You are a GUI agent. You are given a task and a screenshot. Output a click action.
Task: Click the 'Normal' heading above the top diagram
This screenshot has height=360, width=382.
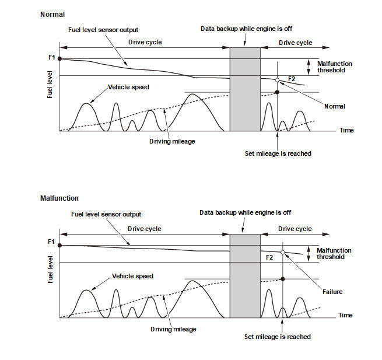(x=52, y=13)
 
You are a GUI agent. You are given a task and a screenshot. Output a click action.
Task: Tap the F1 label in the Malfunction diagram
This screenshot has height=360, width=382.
(x=50, y=242)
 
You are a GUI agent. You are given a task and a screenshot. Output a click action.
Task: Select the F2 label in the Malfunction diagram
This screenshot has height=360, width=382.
(x=269, y=257)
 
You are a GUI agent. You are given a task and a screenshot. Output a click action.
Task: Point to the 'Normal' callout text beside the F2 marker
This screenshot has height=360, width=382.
(x=335, y=106)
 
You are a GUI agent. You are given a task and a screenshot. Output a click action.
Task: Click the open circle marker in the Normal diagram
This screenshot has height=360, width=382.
(x=277, y=80)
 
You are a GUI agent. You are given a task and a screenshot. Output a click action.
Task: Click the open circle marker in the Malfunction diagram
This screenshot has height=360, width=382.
(x=283, y=252)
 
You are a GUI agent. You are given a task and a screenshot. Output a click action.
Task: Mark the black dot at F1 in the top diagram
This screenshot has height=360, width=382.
(x=60, y=59)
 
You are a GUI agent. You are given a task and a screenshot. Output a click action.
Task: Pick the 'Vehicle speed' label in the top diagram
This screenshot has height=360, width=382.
(x=128, y=87)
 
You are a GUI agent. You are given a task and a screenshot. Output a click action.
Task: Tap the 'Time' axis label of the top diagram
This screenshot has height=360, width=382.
(x=346, y=131)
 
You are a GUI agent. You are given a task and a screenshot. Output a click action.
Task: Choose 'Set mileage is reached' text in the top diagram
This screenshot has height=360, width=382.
(x=278, y=153)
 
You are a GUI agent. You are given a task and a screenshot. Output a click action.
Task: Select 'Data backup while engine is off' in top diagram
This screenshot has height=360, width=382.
(x=246, y=28)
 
